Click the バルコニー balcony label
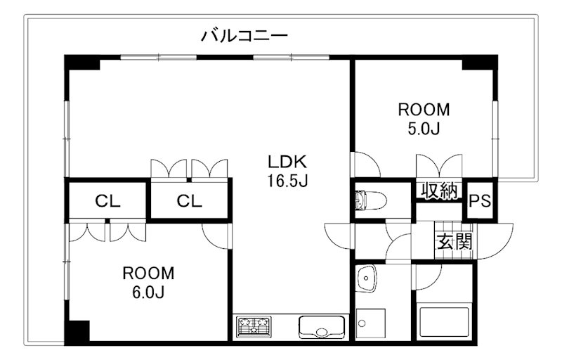pos(244,35)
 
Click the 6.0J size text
pos(148,292)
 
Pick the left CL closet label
pos(108,201)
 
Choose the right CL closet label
pos(189,201)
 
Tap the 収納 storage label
pos(440,191)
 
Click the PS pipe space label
pos(480,201)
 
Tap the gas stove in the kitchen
pos(254,327)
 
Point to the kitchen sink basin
pos(321,328)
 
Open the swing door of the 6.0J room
pos(216,235)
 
